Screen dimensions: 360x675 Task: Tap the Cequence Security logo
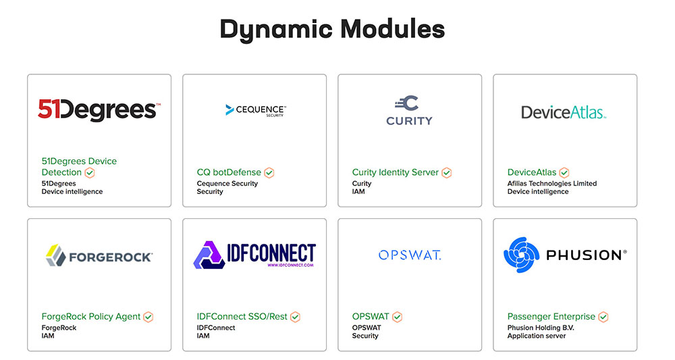click(x=255, y=110)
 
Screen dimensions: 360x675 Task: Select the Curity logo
click(x=409, y=111)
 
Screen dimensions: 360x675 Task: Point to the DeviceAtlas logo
click(x=564, y=112)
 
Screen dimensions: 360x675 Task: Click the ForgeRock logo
click(x=99, y=255)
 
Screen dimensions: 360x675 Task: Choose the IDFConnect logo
click(x=254, y=255)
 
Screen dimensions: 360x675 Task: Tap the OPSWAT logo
click(x=410, y=255)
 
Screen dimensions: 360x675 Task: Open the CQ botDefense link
click(x=229, y=172)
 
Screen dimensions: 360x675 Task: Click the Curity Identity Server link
click(x=395, y=172)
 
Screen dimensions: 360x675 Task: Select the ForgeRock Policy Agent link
click(x=91, y=316)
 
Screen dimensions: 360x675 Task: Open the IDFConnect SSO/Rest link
click(x=242, y=316)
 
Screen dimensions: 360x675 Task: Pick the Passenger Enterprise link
click(x=551, y=316)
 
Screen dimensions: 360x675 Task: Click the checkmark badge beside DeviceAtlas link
click(x=564, y=173)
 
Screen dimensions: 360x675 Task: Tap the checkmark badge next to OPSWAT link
click(x=398, y=317)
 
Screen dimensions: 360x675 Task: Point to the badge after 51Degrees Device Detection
click(x=90, y=173)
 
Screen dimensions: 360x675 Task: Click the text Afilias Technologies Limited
click(x=552, y=183)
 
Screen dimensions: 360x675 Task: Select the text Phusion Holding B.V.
click(x=541, y=328)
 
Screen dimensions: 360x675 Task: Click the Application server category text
click(x=537, y=336)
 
